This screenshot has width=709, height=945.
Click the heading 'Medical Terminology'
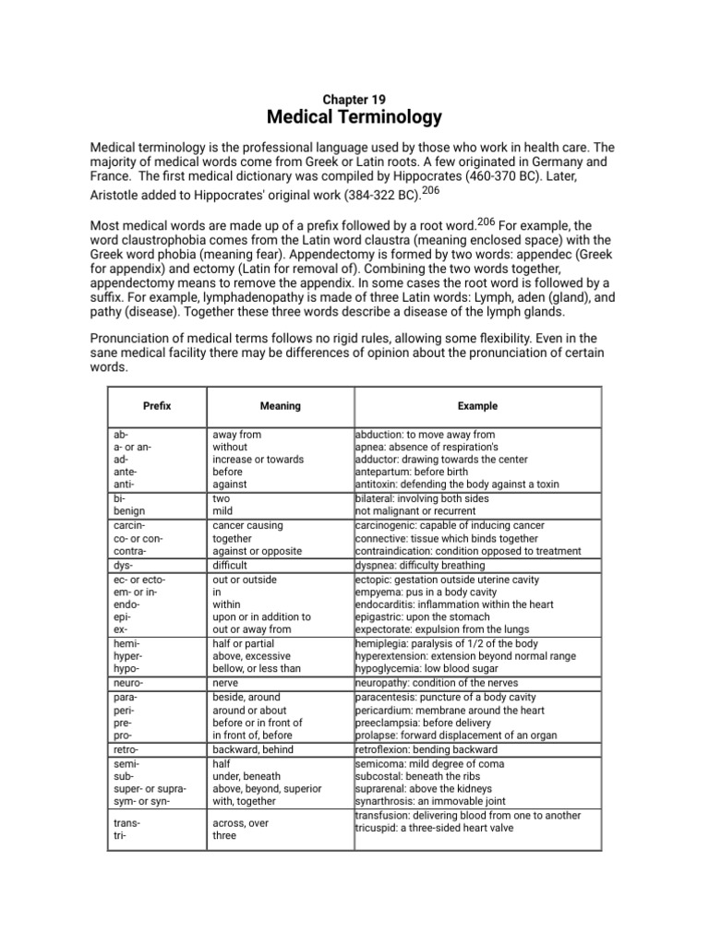pyautogui.click(x=354, y=117)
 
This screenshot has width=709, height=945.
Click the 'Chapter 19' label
pyautogui.click(x=354, y=99)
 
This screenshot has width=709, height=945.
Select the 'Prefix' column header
pyautogui.click(x=157, y=406)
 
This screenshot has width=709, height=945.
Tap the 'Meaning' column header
pyautogui.click(x=280, y=406)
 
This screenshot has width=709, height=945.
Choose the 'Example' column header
pyautogui.click(x=477, y=406)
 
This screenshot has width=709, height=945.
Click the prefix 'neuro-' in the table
pyautogui.click(x=127, y=684)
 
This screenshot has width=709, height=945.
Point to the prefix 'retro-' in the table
pyautogui.click(x=126, y=750)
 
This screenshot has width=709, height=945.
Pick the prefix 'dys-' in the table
pyautogui.click(x=121, y=565)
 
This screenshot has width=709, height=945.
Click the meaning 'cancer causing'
pyautogui.click(x=247, y=525)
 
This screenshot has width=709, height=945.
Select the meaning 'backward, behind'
pyautogui.click(x=254, y=750)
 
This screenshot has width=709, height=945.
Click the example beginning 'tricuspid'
pyautogui.click(x=434, y=828)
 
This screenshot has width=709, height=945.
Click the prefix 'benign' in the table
pyautogui.click(x=128, y=511)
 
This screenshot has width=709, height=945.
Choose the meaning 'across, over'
pyautogui.click(x=240, y=822)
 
